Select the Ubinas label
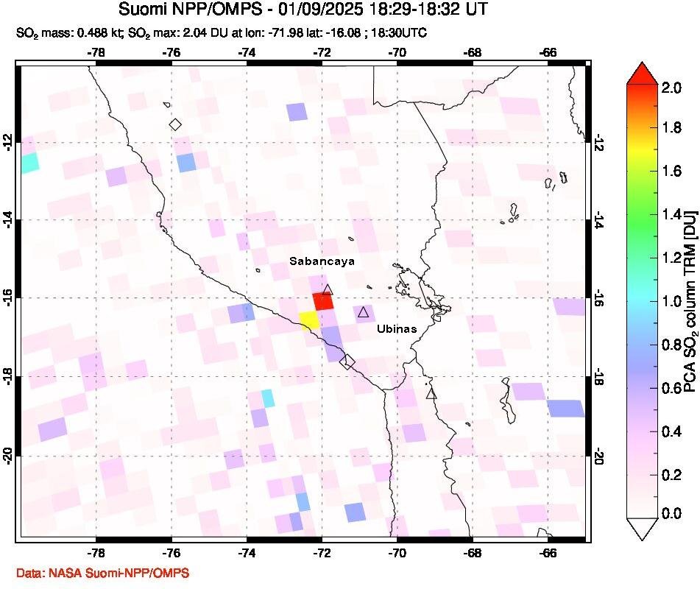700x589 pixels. [397, 328]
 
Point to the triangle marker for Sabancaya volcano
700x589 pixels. [328, 290]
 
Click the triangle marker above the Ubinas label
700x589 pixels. [363, 312]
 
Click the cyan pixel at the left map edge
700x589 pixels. [29, 163]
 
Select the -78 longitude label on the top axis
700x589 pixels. [95, 53]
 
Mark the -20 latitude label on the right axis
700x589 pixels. [599, 456]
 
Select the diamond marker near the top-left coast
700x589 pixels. [175, 124]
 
